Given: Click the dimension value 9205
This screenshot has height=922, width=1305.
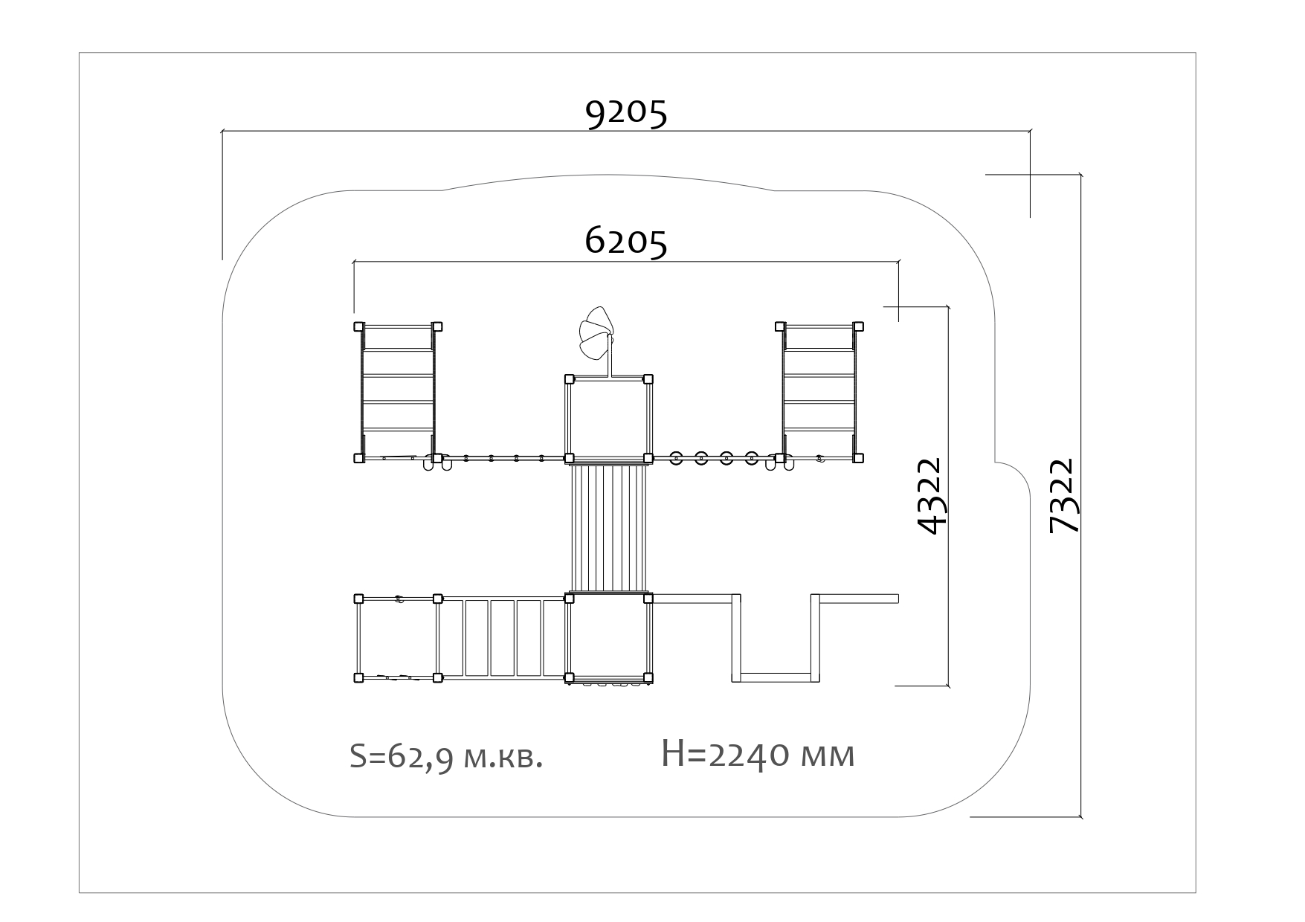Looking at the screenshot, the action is click(x=626, y=114).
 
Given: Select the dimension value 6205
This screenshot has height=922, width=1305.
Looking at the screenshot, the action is click(x=626, y=242).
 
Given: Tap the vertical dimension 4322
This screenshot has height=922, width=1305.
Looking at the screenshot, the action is click(x=930, y=496).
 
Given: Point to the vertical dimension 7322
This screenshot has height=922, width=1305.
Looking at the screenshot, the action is click(x=1062, y=496).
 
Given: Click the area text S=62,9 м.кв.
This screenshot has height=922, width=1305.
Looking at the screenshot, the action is click(x=446, y=756).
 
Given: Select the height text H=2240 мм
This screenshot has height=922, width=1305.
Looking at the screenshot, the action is click(x=758, y=755).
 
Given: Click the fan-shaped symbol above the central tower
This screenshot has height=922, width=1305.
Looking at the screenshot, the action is click(x=596, y=334).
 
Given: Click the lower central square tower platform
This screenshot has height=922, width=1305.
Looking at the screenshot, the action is click(x=608, y=638).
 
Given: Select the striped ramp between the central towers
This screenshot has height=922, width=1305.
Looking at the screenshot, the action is click(x=608, y=528).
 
